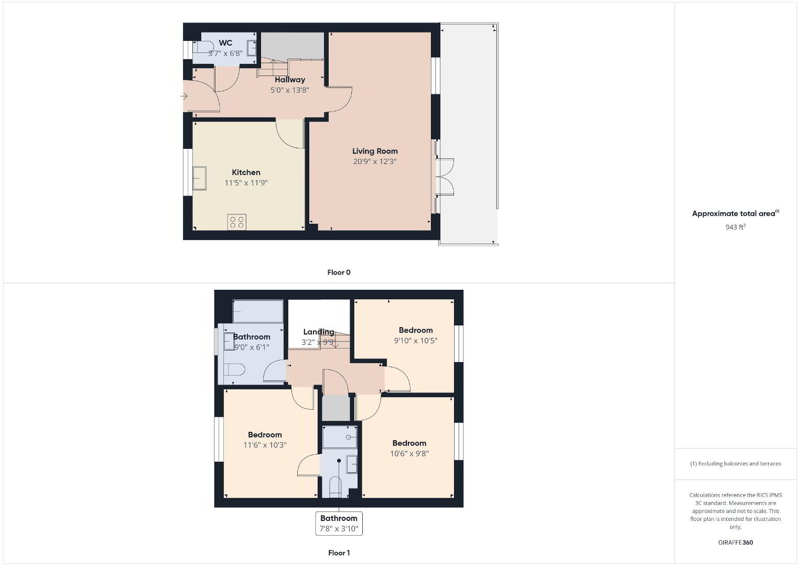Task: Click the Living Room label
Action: pyautogui.click(x=375, y=151)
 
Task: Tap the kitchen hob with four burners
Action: pyautogui.click(x=237, y=222)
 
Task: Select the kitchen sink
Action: pyautogui.click(x=199, y=178)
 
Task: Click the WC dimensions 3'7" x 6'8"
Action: pyautogui.click(x=225, y=53)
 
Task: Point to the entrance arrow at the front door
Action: pyautogui.click(x=184, y=96)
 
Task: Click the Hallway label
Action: pyautogui.click(x=289, y=80)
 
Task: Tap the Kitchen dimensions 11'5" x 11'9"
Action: pyautogui.click(x=246, y=183)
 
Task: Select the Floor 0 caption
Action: pyautogui.click(x=339, y=273)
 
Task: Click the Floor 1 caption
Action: pyautogui.click(x=339, y=553)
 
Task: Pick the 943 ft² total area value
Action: pyautogui.click(x=736, y=227)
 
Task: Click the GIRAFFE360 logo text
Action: pyautogui.click(x=736, y=542)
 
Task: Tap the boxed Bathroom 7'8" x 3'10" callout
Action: pyautogui.click(x=339, y=524)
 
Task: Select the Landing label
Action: pyautogui.click(x=319, y=332)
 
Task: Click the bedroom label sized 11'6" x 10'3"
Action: pyautogui.click(x=265, y=434)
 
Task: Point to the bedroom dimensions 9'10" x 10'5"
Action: pyautogui.click(x=415, y=341)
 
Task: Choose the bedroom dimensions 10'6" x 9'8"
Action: pyautogui.click(x=409, y=453)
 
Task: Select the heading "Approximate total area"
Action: pyautogui.click(x=733, y=213)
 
